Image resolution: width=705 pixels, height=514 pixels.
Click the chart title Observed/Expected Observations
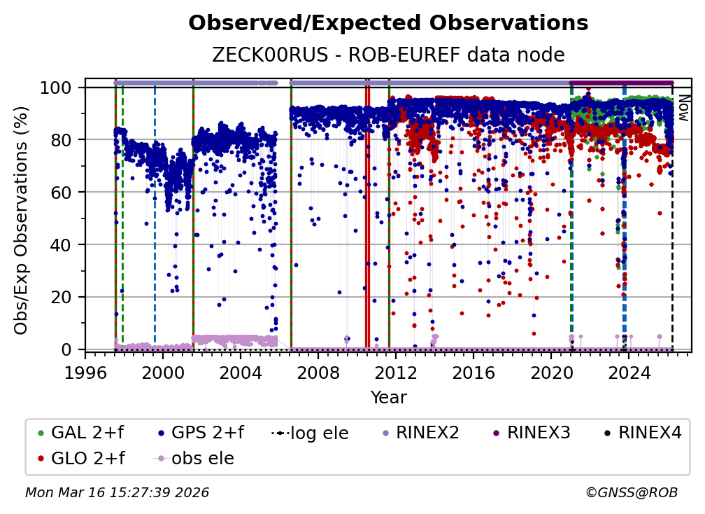tap(388, 23)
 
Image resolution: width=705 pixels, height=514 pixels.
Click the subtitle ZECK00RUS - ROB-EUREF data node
tap(388, 55)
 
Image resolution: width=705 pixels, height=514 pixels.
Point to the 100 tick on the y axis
tap(62, 88)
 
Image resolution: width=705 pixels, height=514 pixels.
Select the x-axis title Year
tap(388, 398)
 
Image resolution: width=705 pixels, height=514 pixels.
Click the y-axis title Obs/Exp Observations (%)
tap(22, 219)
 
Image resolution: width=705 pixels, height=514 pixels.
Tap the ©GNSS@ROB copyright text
tap(631, 493)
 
